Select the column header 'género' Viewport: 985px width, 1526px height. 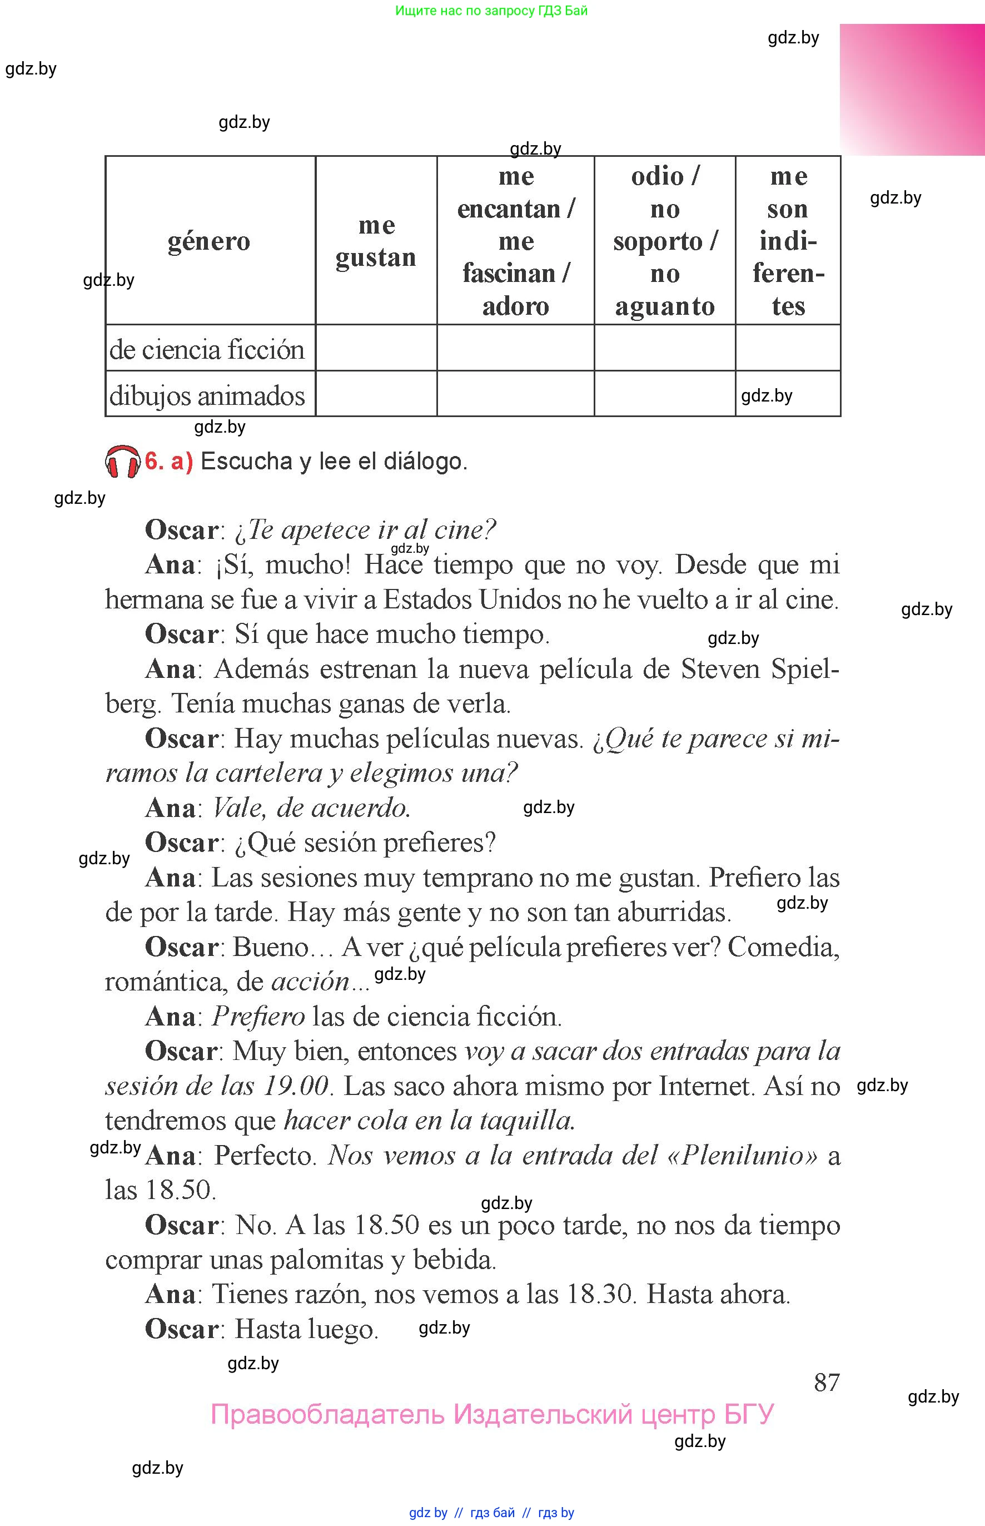pyautogui.click(x=209, y=241)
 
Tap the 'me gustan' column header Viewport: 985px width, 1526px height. pyautogui.click(x=376, y=241)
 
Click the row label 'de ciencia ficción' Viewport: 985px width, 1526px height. pyautogui.click(x=207, y=349)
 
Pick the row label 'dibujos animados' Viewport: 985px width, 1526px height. pyautogui.click(x=207, y=395)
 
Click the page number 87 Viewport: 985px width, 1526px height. pyautogui.click(x=827, y=1382)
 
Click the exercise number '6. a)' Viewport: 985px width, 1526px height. pyautogui.click(x=169, y=462)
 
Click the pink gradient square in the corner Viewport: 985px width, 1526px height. pyautogui.click(x=912, y=90)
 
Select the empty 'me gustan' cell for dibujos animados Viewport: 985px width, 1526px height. pyautogui.click(x=376, y=394)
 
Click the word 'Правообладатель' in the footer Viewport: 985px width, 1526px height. pyautogui.click(x=327, y=1414)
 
